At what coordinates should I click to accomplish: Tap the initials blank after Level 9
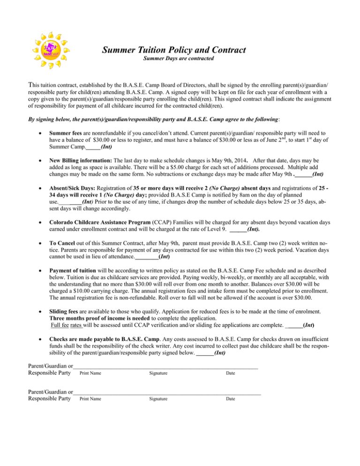pos(238,230)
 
